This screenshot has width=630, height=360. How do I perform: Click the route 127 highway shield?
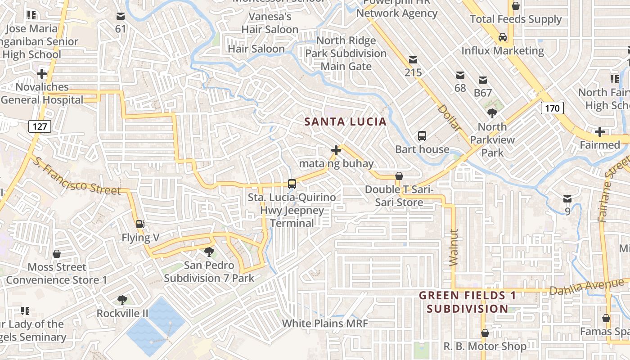40,126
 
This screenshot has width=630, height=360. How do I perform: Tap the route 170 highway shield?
552,108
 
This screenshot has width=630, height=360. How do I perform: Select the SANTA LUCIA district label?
345,121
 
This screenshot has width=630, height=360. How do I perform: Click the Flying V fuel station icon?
140,224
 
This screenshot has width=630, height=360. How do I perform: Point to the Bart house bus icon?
422,135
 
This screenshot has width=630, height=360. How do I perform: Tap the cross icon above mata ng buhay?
336,150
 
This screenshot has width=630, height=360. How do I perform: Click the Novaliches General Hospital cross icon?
42,73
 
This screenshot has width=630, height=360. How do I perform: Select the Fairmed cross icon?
599,132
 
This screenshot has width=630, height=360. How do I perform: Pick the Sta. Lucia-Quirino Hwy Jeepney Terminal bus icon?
292,184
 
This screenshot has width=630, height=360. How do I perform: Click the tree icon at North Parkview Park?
492,113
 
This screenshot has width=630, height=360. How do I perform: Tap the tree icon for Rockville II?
122,300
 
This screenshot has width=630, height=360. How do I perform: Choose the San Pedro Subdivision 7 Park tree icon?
209,252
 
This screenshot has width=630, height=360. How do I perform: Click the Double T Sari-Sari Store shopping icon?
399,176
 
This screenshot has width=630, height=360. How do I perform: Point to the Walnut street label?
454,247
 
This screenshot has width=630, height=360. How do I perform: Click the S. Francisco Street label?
77,176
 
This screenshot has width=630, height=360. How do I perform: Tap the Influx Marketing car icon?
503,37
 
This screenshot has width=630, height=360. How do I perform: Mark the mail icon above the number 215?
413,60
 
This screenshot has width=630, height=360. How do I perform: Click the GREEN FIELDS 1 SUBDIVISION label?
468,302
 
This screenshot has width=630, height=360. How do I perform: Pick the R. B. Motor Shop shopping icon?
485,333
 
